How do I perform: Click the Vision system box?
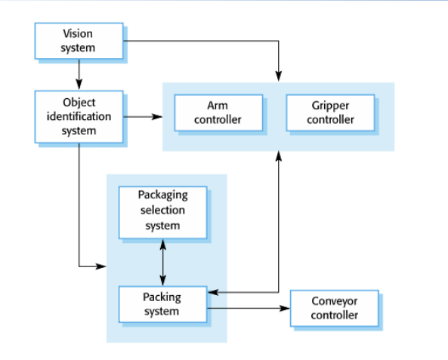[x=79, y=41]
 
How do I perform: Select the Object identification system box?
[x=79, y=117]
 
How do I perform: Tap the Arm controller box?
[x=218, y=112]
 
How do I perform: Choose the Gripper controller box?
[x=330, y=112]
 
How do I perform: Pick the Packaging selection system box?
[x=163, y=213]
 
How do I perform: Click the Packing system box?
[x=163, y=304]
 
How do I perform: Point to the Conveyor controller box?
[x=335, y=309]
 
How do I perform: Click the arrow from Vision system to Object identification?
[x=79, y=74]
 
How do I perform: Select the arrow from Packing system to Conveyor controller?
[x=249, y=309]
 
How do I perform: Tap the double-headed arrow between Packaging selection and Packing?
[x=163, y=263]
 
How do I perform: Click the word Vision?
[x=78, y=34]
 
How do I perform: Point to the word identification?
[x=79, y=116]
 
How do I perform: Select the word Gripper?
[x=330, y=106]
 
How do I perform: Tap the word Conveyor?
[x=334, y=301]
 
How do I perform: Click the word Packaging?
[x=163, y=195]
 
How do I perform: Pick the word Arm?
[x=218, y=106]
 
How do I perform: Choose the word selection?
[x=162, y=210]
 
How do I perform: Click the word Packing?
[x=162, y=297]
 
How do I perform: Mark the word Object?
[x=79, y=103]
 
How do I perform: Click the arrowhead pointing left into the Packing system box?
[x=213, y=292]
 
